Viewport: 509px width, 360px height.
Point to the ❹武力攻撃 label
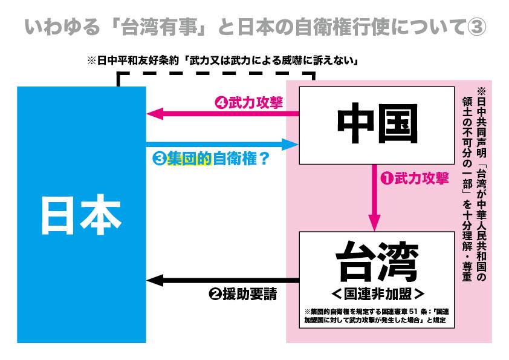[x=248, y=102]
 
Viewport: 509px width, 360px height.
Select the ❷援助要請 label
[x=242, y=295]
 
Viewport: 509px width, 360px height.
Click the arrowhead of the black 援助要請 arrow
[x=155, y=280]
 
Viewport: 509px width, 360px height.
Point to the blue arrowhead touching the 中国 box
[x=293, y=144]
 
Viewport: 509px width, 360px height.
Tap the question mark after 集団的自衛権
[x=262, y=160]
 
